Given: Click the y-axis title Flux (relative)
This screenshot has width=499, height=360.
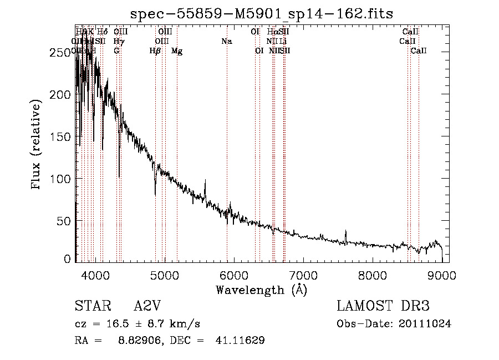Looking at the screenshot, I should [37, 145].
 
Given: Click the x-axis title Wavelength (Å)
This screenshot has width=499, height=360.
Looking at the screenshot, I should [261, 290].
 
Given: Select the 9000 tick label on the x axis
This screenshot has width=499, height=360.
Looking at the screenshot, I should [442, 275].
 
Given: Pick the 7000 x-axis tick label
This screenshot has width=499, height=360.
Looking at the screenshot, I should [303, 275].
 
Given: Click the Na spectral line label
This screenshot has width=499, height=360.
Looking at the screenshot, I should [226, 42].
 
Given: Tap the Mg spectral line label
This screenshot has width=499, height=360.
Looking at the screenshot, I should [177, 51].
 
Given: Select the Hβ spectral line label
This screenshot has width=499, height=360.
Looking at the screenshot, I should [155, 51].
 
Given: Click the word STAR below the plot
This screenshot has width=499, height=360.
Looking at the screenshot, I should [89, 306].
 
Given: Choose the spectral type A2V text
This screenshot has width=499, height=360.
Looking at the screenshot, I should [148, 306].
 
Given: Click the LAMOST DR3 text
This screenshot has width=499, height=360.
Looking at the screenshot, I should [383, 306].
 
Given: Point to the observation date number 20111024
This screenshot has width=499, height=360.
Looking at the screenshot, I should [425, 324].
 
